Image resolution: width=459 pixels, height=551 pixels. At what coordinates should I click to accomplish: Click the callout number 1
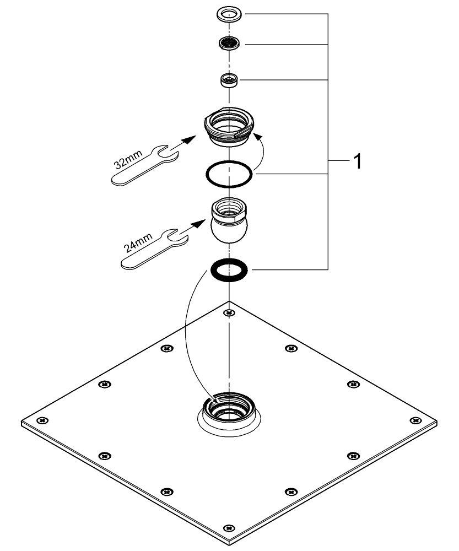pyautogui.click(x=357, y=162)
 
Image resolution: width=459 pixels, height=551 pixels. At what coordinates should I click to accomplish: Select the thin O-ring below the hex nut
pyautogui.click(x=229, y=175)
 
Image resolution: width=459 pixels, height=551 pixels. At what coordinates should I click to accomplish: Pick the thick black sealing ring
pyautogui.click(x=229, y=270)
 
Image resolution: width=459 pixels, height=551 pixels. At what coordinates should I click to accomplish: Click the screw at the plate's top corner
pyautogui.click(x=229, y=314)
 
